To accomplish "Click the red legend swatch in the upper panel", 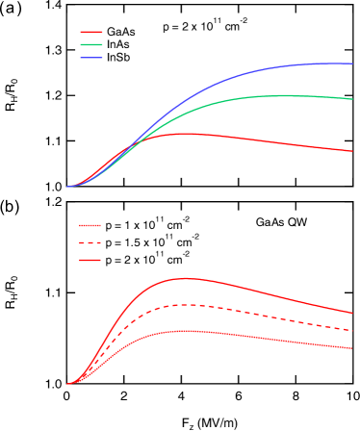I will (x=91, y=32).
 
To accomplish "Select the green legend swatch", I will (x=91, y=44).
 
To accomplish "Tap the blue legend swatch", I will (x=91, y=58).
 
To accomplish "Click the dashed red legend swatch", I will (x=90, y=242).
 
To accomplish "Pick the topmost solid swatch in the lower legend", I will (x=90, y=225).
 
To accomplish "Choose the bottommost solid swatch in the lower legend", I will (x=90, y=260).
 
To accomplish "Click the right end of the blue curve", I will (x=353, y=63).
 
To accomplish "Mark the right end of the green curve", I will (x=353, y=99).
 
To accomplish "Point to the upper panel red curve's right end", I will (x=353, y=151).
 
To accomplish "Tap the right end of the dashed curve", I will (x=353, y=331).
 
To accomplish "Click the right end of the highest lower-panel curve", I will (x=353, y=313).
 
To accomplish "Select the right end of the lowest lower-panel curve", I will (x=353, y=349).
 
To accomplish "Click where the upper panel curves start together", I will (x=67, y=187).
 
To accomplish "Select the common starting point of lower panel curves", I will (x=67, y=384).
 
